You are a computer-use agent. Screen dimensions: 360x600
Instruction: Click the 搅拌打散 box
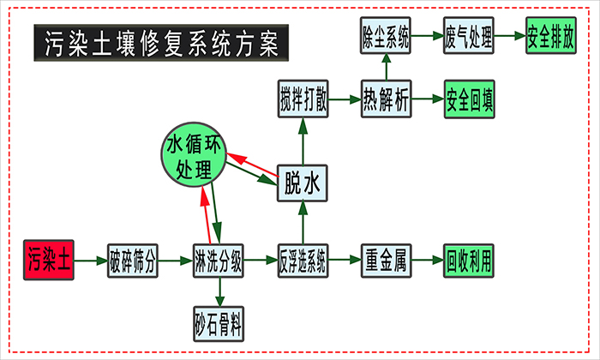pyautogui.click(x=303, y=99)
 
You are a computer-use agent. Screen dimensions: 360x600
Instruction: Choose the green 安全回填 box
pyautogui.click(x=469, y=99)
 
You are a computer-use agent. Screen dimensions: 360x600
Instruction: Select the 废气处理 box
pyautogui.click(x=469, y=38)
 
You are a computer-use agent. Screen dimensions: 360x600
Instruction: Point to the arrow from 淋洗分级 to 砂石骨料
pyautogui.click(x=219, y=291)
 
